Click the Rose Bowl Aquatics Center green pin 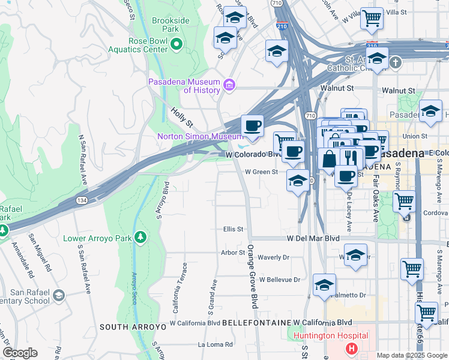(x=176, y=44)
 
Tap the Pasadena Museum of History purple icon (x=229, y=86)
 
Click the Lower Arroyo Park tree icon (x=140, y=238)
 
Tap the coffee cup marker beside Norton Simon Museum (x=252, y=127)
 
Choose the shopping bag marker (x=328, y=160)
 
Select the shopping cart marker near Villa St (x=372, y=19)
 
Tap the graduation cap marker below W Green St (x=298, y=181)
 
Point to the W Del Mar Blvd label (x=313, y=238)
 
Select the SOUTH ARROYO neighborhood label (x=132, y=327)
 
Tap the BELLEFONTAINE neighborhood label (x=257, y=323)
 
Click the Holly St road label (x=181, y=117)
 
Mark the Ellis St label (x=232, y=229)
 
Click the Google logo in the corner (x=20, y=353)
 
